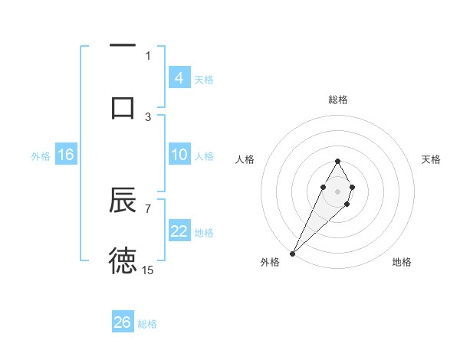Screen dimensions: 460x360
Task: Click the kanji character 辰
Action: pos(123,201)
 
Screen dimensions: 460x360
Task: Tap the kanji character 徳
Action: pos(123,261)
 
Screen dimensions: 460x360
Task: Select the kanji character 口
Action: pos(123,107)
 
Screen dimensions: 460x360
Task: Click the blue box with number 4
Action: pos(179,78)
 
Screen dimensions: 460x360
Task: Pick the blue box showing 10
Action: pos(179,155)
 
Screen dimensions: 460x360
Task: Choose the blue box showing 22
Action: pos(179,231)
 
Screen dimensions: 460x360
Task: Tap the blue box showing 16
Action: pos(66,155)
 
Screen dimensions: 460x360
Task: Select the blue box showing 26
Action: pos(123,322)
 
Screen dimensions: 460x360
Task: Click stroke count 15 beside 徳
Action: pos(148,270)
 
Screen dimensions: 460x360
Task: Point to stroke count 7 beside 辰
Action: pos(148,208)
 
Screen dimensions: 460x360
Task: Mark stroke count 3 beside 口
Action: pos(148,116)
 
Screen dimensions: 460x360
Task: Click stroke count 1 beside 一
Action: pos(148,55)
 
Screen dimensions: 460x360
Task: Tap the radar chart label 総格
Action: pos(337,100)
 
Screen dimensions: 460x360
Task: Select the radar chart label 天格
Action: pos(431,159)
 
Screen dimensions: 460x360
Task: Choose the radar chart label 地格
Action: pos(402,262)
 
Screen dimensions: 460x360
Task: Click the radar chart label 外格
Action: pos(270,262)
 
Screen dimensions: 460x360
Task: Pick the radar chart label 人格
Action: pos(245,159)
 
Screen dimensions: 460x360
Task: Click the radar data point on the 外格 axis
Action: pos(292,253)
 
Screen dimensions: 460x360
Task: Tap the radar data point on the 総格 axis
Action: pos(337,161)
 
